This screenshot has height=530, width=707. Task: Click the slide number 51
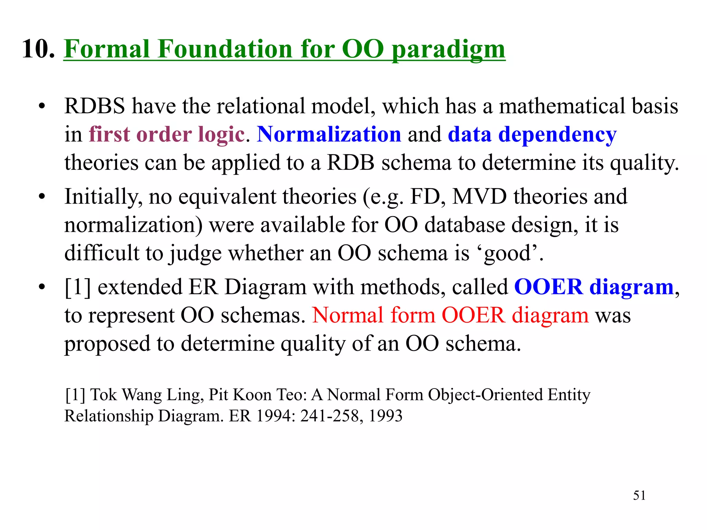pos(639,495)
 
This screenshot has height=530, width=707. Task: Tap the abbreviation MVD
pos(480,196)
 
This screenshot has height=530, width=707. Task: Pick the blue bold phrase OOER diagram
pos(594,287)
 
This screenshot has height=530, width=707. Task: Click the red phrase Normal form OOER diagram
pos(450,315)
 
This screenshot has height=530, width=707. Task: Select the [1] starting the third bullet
pos(77,287)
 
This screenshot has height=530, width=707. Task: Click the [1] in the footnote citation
pos(75,395)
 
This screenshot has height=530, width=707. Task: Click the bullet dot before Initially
pos(42,197)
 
